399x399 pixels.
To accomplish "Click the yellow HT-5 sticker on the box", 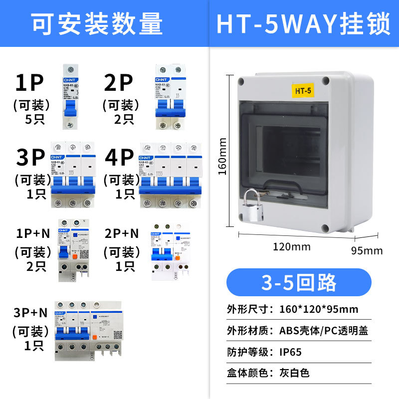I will (x=303, y=91).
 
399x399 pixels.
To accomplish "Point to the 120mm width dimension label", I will (x=292, y=246).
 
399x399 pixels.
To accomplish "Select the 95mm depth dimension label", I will (x=367, y=250).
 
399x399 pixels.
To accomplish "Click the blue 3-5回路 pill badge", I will (x=299, y=282).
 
